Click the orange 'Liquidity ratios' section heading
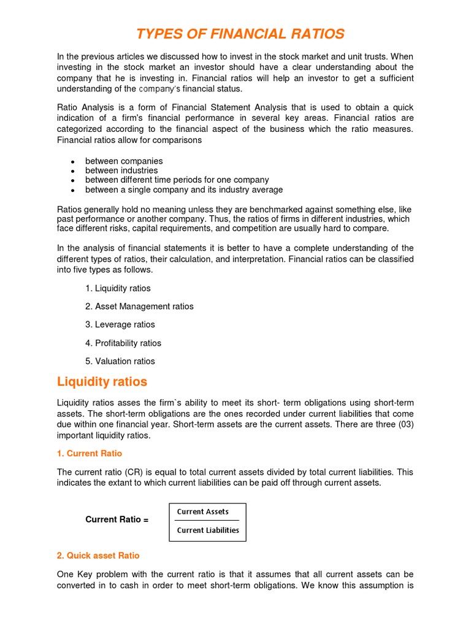pos(102,381)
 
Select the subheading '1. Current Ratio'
pos(90,453)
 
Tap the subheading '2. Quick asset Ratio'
pos(98,555)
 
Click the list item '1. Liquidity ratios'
pos(118,288)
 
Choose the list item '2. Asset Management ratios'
pos(139,306)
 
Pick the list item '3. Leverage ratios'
pos(120,324)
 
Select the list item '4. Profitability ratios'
pos(123,343)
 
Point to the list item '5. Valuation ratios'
pos(120,361)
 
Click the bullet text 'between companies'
pos(124,161)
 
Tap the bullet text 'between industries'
pos(121,170)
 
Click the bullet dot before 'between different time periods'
pos(72,181)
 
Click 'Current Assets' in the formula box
pos(203,511)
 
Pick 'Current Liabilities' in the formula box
pos(208,530)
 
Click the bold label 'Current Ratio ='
pos(117,519)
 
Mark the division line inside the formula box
pos(207,521)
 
